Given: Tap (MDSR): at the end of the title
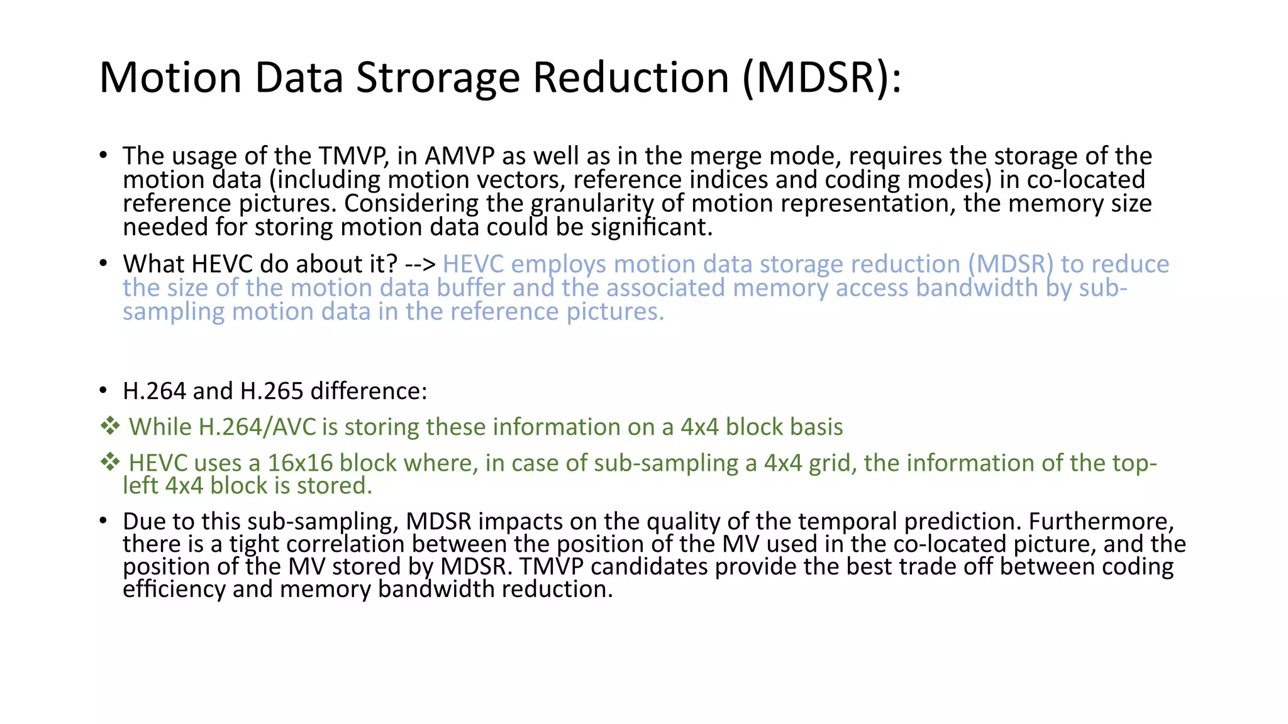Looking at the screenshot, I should (x=821, y=78).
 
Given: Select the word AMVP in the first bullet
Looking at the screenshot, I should (x=460, y=156).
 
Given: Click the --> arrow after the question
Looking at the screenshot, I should (x=420, y=265).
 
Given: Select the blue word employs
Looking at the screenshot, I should (x=559, y=265).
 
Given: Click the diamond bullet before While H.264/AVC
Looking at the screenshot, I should (x=110, y=427).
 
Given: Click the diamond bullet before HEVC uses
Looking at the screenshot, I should (x=110, y=463).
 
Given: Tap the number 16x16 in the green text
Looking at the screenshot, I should (x=300, y=463).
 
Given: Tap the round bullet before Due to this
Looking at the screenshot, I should (x=103, y=520).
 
